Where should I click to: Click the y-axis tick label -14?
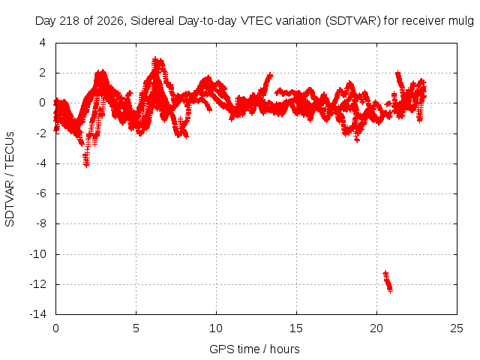[x=38, y=314]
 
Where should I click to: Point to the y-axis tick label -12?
[x=38, y=284]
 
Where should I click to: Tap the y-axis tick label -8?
[x=41, y=223]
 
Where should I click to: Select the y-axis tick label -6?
[x=41, y=193]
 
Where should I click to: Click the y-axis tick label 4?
[x=43, y=43]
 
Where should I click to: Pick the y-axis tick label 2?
[x=43, y=73]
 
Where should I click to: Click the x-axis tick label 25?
[x=457, y=328]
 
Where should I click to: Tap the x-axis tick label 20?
[x=376, y=328]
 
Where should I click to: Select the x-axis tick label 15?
[x=296, y=328]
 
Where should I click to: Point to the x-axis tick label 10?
[x=216, y=328]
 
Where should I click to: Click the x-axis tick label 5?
[x=136, y=328]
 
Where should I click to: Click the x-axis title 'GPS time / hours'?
[x=254, y=349]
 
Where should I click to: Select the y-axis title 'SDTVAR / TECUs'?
[x=10, y=179]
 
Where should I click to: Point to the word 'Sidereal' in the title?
[x=152, y=21]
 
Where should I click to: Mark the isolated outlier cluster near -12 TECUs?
[x=388, y=282]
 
